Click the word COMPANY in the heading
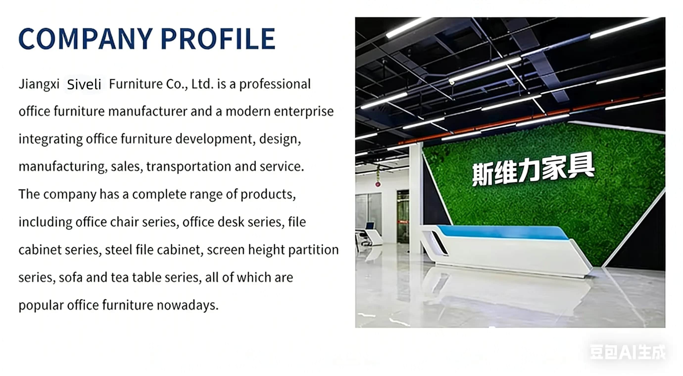coord(86,39)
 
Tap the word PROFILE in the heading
coord(218,39)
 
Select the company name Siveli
coord(84,85)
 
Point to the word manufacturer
coord(148,111)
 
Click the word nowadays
coord(188,305)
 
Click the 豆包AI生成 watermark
coord(628,352)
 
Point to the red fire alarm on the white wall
coord(378,184)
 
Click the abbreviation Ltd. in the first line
coord(202,84)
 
